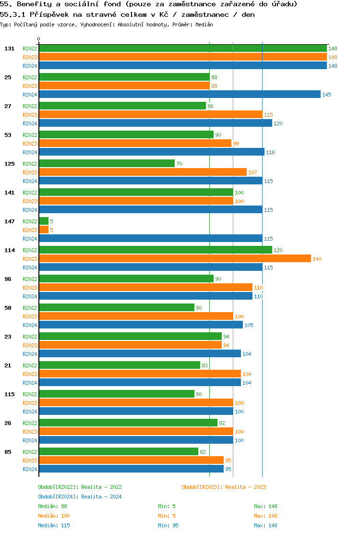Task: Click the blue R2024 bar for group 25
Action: coord(180,95)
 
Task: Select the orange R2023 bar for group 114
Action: coord(175,259)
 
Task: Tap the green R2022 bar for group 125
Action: coord(107,164)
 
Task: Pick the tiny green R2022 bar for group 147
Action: coord(44,221)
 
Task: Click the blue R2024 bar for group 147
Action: coord(150,239)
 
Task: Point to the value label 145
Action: coord(326,95)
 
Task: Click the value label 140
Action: coord(317,259)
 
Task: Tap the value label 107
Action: coord(252,172)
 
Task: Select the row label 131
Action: coord(9,49)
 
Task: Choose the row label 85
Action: coord(8,452)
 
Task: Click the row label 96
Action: coord(8,279)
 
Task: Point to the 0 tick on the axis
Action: coord(39,39)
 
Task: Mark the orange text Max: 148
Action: coord(265,516)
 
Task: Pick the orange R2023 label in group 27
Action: coord(30,115)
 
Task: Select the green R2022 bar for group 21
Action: coord(120,365)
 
